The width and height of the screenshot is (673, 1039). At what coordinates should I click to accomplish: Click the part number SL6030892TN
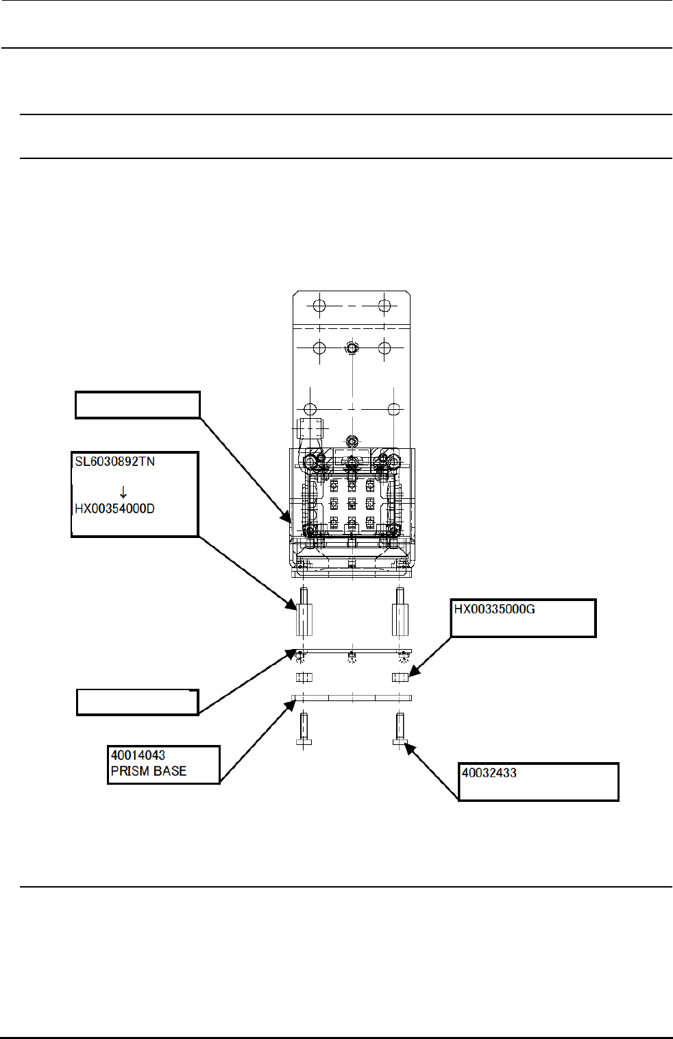[115, 462]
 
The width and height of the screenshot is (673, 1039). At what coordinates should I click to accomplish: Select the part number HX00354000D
[115, 509]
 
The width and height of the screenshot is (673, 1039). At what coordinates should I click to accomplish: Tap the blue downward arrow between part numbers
[123, 492]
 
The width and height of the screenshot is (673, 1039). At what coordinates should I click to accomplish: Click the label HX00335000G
[494, 609]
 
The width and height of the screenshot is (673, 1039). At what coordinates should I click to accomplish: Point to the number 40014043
[138, 755]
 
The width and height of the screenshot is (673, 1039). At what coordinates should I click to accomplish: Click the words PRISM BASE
[149, 771]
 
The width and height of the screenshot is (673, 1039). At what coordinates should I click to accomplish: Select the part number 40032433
[489, 773]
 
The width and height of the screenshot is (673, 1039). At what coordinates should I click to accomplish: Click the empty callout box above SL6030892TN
[137, 405]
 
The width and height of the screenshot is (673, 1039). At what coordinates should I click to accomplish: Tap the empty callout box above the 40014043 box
[137, 702]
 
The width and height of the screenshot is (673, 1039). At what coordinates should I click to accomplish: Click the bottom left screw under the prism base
[304, 731]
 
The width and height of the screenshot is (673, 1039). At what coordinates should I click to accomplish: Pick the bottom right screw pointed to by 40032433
[400, 731]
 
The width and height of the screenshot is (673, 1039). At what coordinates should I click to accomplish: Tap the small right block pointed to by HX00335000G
[400, 678]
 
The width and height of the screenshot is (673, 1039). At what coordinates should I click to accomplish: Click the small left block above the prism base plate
[304, 678]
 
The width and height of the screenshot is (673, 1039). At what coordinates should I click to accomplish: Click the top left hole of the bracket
[319, 306]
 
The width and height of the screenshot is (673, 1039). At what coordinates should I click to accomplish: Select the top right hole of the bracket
[384, 306]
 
